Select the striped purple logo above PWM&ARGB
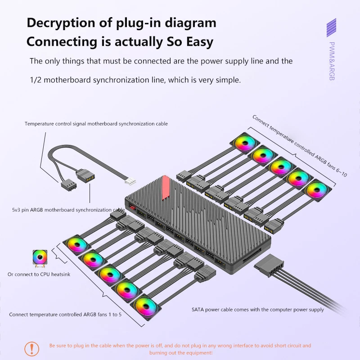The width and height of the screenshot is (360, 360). [x=332, y=28]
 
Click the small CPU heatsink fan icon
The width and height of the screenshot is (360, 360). [x=39, y=257]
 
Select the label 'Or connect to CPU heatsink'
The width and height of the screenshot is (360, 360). [x=39, y=274]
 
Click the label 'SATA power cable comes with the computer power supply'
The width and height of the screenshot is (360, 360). [x=258, y=310]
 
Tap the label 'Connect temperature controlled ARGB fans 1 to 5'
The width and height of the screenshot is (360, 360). [x=65, y=314]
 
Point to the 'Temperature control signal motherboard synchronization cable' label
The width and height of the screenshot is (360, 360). [x=96, y=123]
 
